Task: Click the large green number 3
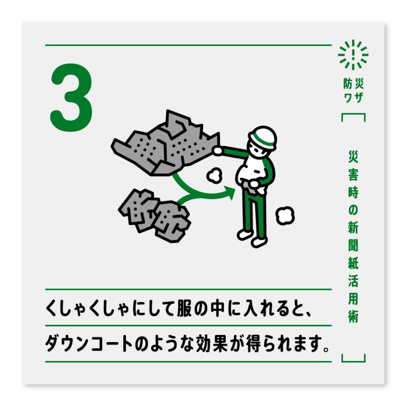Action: pyautogui.click(x=72, y=98)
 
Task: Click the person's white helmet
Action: pyautogui.click(x=263, y=136)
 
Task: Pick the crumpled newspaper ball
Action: pyautogui.click(x=155, y=216)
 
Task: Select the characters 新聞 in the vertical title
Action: pyautogui.click(x=353, y=237)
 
